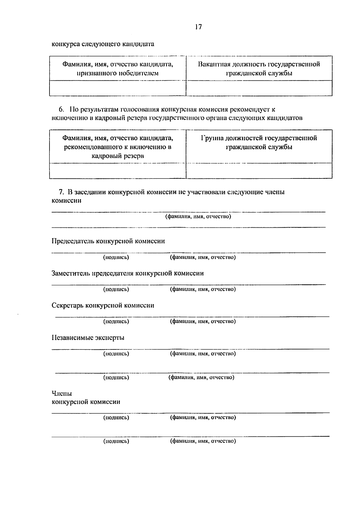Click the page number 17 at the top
(198, 27)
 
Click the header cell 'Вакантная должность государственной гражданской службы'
(259, 68)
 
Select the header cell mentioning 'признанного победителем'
(118, 68)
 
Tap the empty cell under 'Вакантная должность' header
(259, 88)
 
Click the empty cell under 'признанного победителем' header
(118, 88)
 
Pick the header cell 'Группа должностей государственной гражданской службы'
(259, 142)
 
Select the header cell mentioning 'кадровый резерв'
(118, 147)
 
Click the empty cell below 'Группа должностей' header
(259, 171)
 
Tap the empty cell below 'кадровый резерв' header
(118, 171)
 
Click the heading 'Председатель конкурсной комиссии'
(108, 241)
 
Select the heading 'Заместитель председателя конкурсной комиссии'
(127, 273)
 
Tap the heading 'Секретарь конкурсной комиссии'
(103, 305)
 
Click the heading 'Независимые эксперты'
(88, 338)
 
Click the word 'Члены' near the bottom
(62, 393)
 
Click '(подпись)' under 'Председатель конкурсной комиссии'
(116, 257)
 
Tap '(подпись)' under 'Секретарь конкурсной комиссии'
(116, 322)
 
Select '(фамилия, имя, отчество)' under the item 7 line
(198, 216)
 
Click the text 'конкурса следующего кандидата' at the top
(103, 44)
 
